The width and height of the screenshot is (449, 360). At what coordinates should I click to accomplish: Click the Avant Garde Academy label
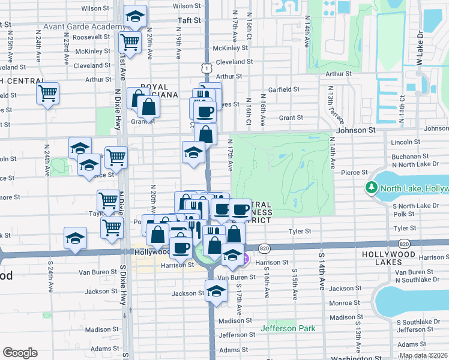83,28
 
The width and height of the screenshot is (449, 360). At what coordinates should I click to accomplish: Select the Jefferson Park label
288,328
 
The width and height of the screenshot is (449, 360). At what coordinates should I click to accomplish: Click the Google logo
20,353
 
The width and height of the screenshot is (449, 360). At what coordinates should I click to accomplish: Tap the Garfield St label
284,89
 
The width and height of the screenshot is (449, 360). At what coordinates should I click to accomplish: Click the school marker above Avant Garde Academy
136,16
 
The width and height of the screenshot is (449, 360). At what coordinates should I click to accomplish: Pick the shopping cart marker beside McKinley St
130,42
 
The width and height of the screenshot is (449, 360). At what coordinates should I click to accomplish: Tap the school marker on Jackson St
216,291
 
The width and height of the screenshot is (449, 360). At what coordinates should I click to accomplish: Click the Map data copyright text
423,355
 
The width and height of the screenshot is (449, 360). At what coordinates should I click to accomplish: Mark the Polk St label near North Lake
404,214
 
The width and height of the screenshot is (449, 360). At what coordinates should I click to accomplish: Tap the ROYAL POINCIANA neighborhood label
159,91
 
